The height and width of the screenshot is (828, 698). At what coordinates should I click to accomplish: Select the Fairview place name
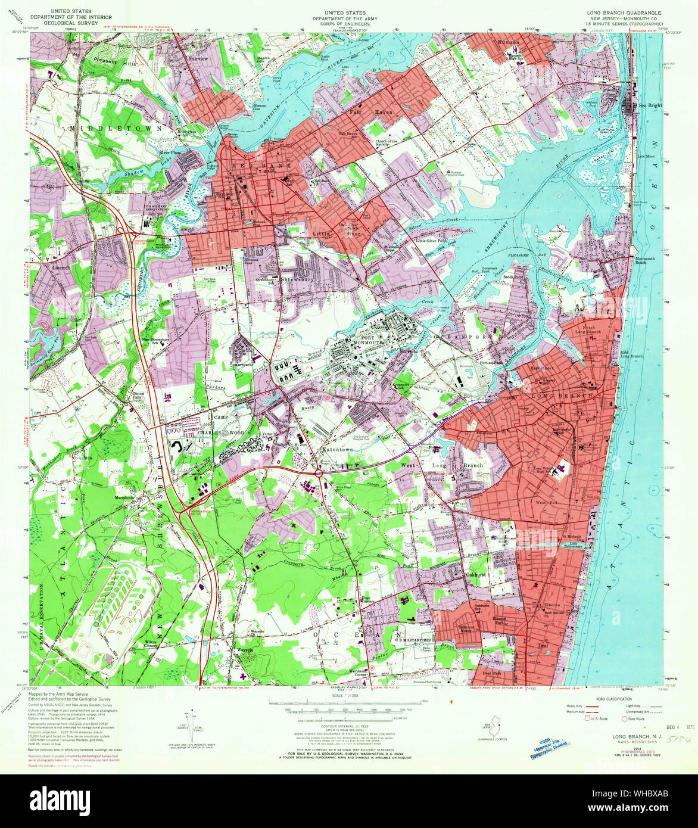(199, 59)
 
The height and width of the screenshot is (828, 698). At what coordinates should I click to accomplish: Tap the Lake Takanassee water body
(575, 544)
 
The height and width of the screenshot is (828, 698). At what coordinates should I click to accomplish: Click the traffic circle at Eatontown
(319, 473)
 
